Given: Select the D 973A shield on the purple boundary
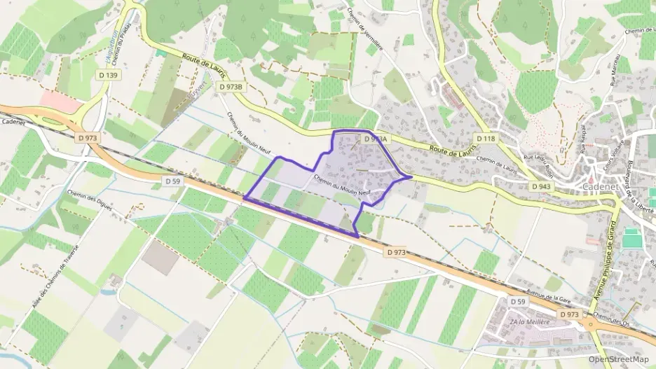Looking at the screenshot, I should click(x=376, y=139).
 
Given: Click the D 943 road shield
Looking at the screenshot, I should click(x=540, y=187).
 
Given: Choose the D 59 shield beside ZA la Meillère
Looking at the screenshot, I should click(x=517, y=301).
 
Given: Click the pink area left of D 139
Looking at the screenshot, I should click(x=60, y=102).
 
